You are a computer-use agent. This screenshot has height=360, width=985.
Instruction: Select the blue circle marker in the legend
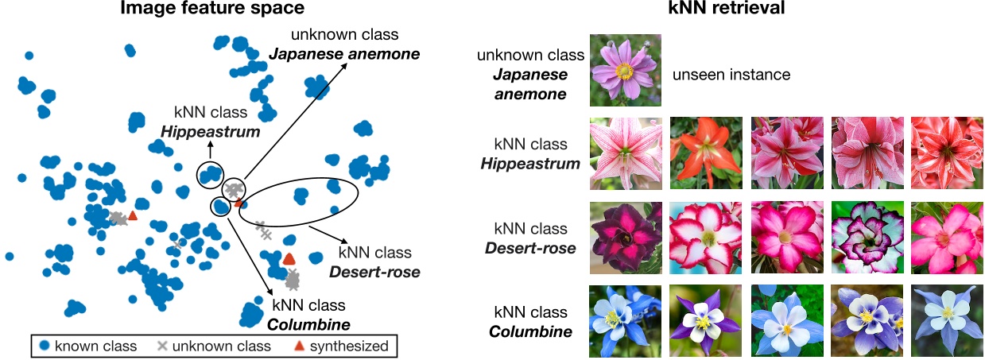pyautogui.click(x=45, y=346)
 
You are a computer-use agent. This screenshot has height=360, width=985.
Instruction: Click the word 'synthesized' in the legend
pyautogui.click(x=349, y=346)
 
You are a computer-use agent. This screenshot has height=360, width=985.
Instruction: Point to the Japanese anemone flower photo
pyautogui.click(x=625, y=71)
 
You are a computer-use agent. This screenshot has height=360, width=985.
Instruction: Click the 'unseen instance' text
pyautogui.click(x=731, y=75)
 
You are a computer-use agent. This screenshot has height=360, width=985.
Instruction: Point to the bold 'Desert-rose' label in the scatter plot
pyautogui.click(x=374, y=272)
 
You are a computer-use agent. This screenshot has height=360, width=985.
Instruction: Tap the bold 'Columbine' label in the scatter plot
pyautogui.click(x=308, y=323)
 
